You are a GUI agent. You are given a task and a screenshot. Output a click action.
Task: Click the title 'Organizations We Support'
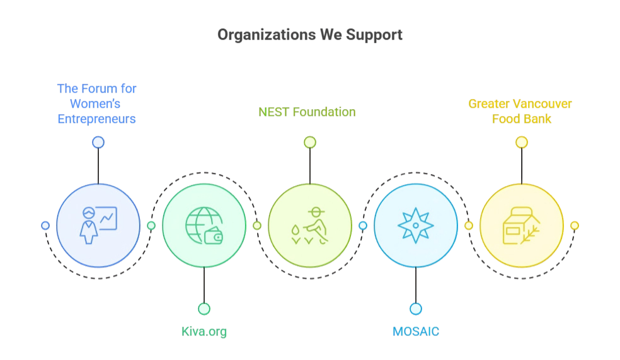pyautogui.click(x=309, y=35)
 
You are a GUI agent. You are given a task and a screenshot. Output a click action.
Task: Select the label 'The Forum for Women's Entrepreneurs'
pyautogui.click(x=96, y=103)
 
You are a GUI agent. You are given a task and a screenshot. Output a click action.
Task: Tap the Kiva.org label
pyautogui.click(x=204, y=331)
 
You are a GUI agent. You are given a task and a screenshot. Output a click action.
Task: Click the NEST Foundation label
pyautogui.click(x=307, y=112)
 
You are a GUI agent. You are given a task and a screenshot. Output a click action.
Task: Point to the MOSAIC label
pyautogui.click(x=416, y=331)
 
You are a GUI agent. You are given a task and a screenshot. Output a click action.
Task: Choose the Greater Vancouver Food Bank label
pyautogui.click(x=521, y=111)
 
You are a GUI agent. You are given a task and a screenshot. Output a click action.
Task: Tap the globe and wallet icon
pyautogui.click(x=204, y=225)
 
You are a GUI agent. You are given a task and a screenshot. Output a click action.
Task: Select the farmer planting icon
pyautogui.click(x=309, y=225)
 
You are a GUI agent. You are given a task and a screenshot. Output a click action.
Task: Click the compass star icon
pyautogui.click(x=415, y=225)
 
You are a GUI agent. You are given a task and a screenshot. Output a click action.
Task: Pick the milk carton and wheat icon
pyautogui.click(x=520, y=225)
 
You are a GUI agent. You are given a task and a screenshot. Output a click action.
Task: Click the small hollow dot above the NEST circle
pyautogui.click(x=309, y=142)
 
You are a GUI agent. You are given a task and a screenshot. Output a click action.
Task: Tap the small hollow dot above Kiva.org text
pyautogui.click(x=204, y=308)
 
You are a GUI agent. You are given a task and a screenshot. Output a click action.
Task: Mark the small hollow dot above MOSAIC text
pyautogui.click(x=415, y=308)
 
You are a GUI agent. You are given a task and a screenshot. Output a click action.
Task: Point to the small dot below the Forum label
pyautogui.click(x=98, y=142)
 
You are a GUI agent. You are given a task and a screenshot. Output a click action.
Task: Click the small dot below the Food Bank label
pyautogui.click(x=521, y=142)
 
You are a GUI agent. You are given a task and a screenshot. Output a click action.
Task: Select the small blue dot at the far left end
pyautogui.click(x=45, y=225)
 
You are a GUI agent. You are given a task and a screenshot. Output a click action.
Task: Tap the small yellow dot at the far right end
pyautogui.click(x=574, y=225)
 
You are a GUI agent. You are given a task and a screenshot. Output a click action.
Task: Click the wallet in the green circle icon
pyautogui.click(x=214, y=236)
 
